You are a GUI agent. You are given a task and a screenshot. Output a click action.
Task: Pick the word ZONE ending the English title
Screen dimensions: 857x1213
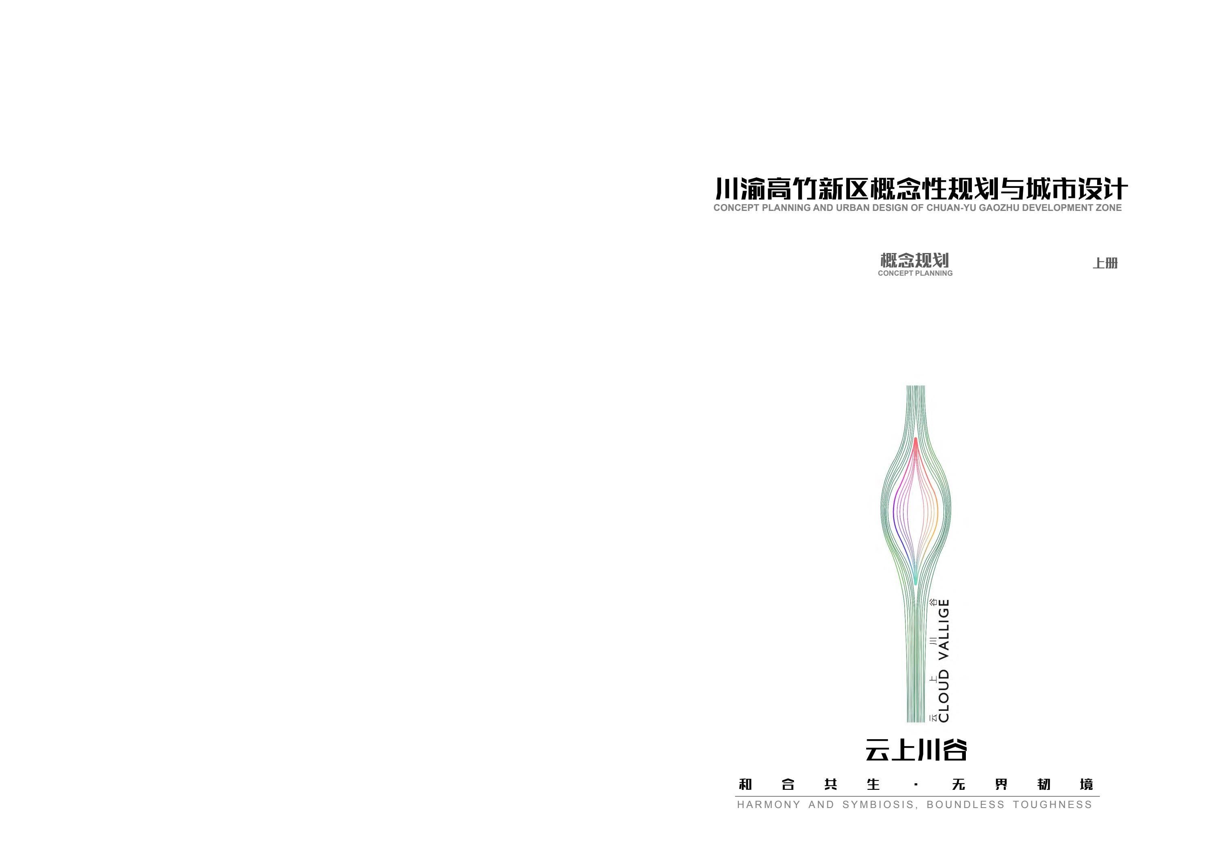click(x=1108, y=208)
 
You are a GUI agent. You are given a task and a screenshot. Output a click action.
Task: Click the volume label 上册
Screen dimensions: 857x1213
click(x=1105, y=263)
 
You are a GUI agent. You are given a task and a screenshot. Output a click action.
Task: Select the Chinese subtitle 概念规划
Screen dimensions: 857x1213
click(x=914, y=260)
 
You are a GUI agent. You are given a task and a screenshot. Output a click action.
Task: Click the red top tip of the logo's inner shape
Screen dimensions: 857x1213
click(x=916, y=440)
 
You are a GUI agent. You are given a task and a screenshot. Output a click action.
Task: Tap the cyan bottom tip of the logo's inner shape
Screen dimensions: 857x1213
click(x=916, y=581)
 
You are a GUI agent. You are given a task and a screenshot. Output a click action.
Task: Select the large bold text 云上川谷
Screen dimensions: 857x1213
click(x=916, y=750)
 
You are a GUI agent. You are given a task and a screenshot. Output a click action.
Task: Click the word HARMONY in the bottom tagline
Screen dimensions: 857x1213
click(x=769, y=805)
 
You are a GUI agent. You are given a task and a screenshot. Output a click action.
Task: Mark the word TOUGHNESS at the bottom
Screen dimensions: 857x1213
click(x=1053, y=805)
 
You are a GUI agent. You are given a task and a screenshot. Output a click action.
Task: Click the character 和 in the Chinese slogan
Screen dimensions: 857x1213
click(x=745, y=785)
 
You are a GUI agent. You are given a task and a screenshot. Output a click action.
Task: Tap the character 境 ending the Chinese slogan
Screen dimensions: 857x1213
click(x=1087, y=785)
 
